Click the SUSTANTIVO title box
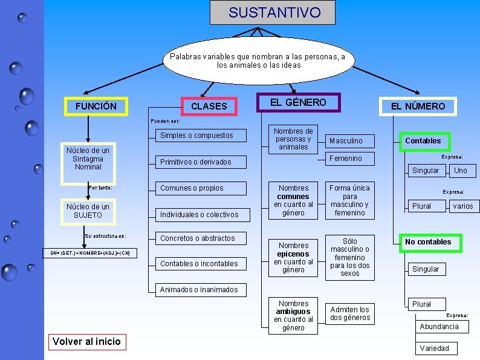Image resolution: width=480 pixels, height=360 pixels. coord(273,12)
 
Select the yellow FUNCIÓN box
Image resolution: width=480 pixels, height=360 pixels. coord(96,106)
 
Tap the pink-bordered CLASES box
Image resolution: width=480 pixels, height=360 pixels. coord(209,106)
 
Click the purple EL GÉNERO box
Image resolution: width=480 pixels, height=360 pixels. coord(299,102)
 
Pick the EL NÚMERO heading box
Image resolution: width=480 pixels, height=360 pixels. coord(418,106)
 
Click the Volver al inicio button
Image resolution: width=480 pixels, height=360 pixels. coord(87,342)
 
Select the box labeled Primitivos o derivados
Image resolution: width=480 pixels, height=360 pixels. coord(201,162)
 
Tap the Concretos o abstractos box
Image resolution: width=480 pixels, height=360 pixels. coord(201,238)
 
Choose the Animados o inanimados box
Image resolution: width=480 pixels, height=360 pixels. coord(201,290)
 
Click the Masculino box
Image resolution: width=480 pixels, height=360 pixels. coord(350,141)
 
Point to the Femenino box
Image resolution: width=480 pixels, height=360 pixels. coord(350,159)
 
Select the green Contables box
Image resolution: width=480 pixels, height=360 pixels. coord(424,142)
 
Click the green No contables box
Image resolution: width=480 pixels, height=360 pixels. coord(430,243)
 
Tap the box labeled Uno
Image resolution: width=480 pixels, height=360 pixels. coord(463,171)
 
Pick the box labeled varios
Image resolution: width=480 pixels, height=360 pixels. coord(464,206)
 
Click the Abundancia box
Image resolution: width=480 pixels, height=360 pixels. coord(442,327)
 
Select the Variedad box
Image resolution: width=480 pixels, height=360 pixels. coord(436,349)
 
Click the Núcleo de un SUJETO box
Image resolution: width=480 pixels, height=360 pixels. coord(88,212)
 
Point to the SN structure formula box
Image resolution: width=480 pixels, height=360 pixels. coord(89,253)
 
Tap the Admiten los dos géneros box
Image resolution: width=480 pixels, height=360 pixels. coord(350,314)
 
